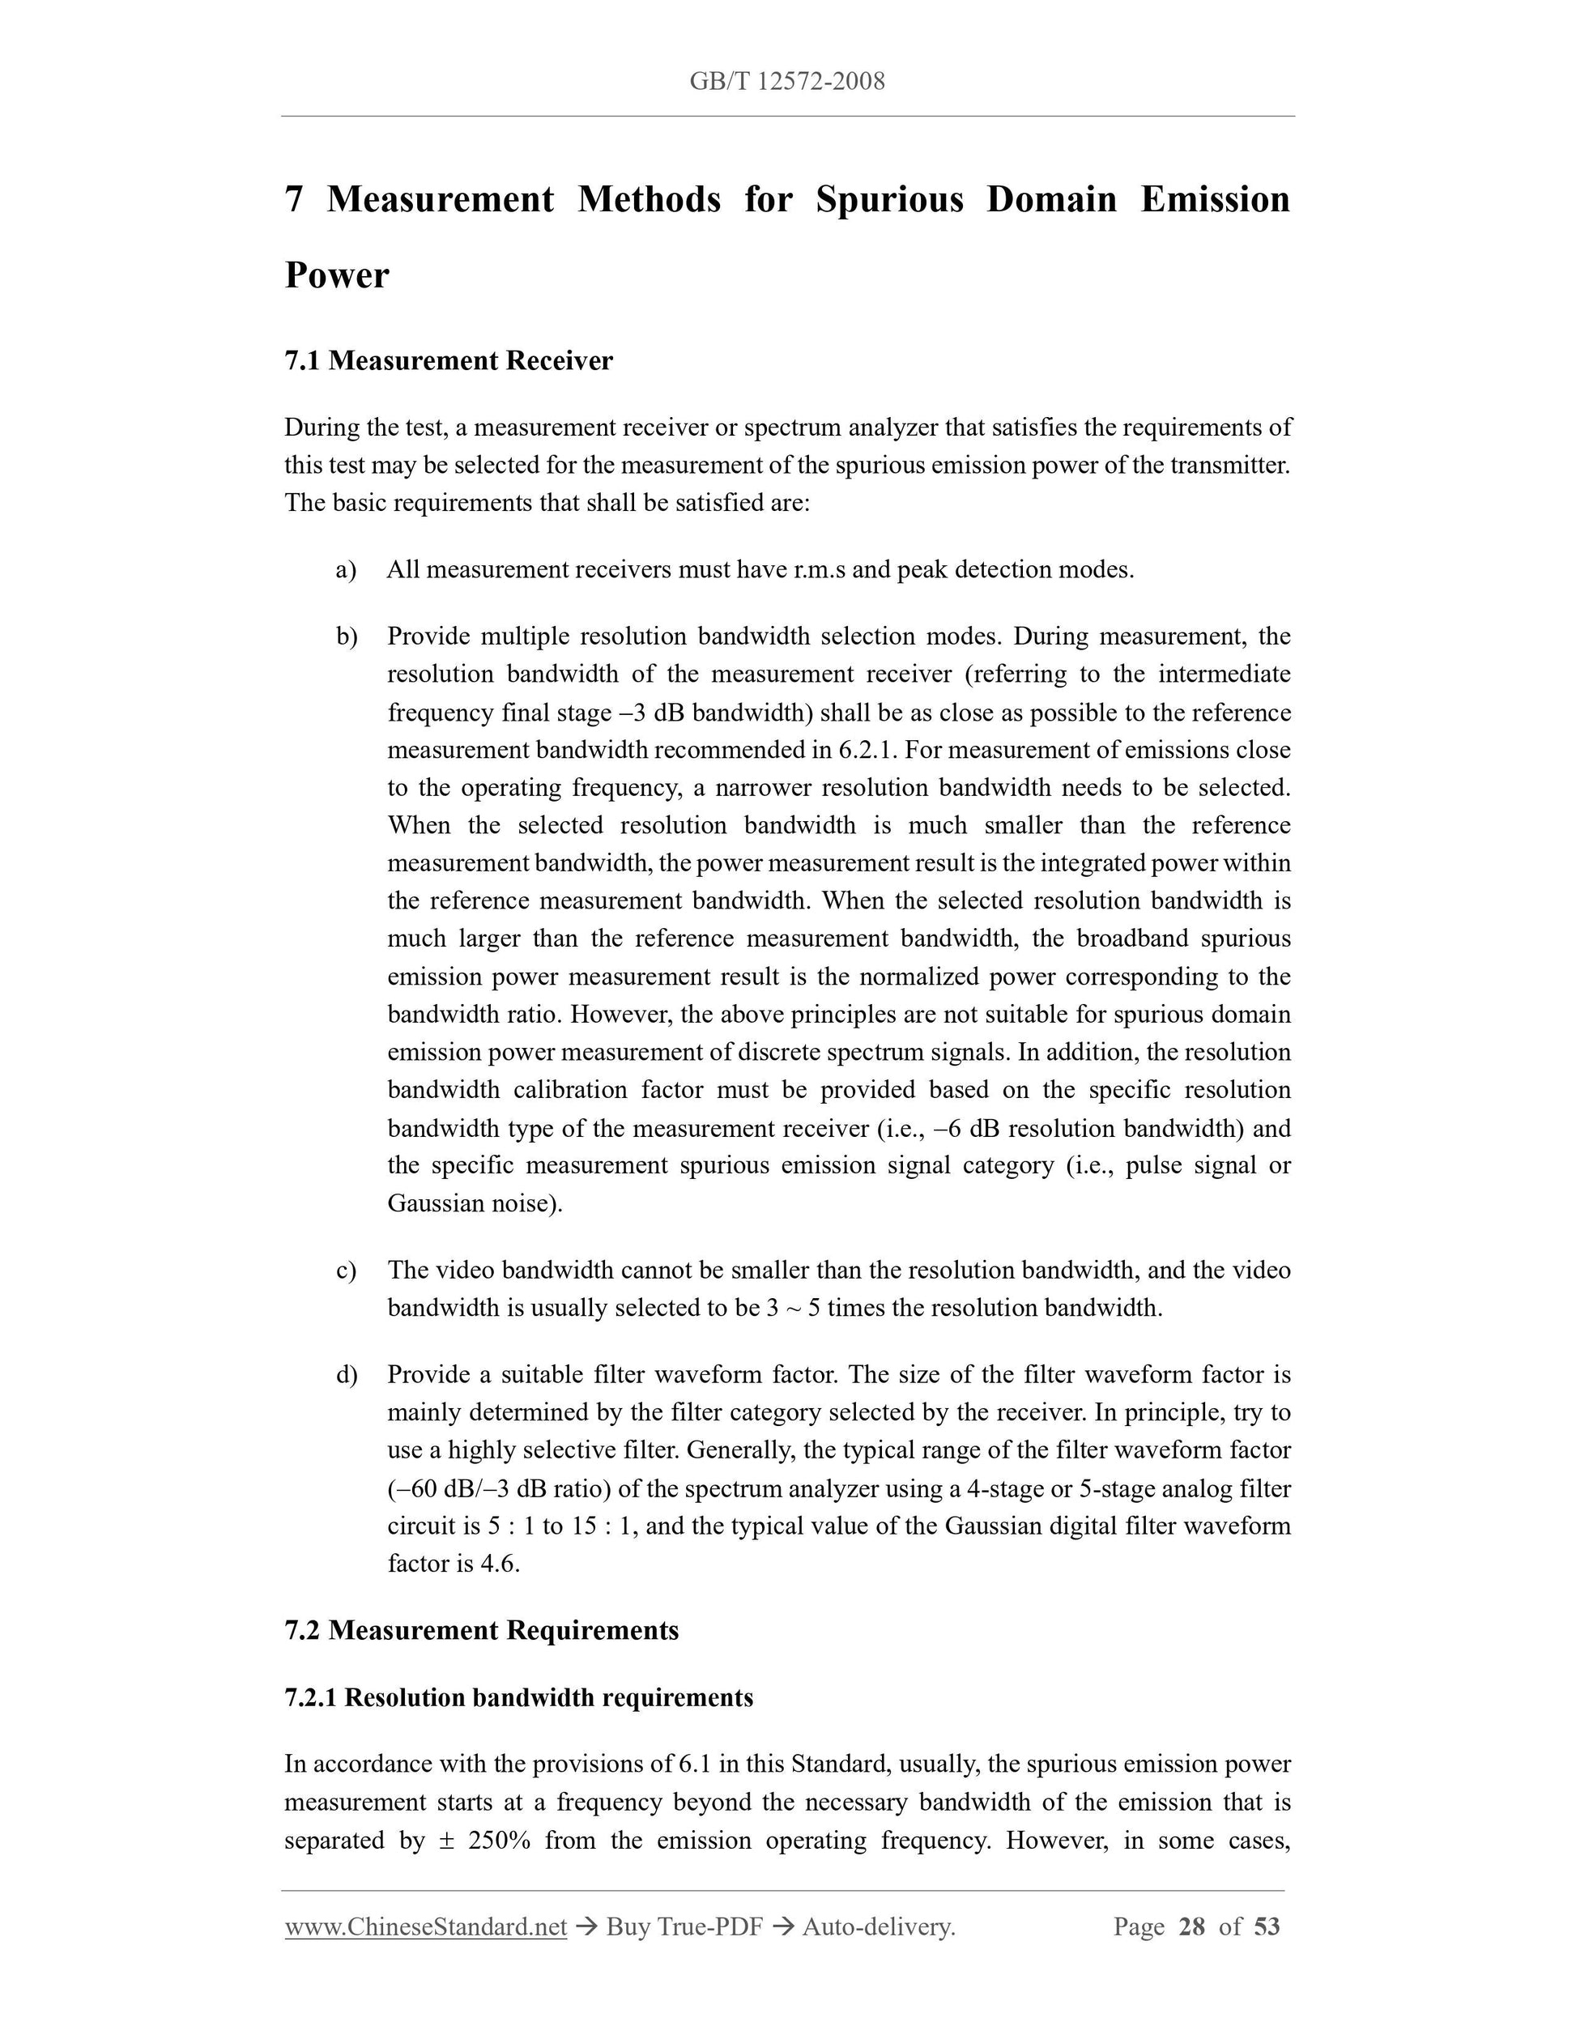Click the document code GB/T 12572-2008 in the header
(787, 82)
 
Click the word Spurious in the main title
(889, 200)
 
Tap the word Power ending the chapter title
(336, 275)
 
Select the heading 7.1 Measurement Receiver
(448, 361)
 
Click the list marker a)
(346, 569)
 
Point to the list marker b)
(347, 636)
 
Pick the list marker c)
(346, 1271)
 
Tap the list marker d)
(347, 1375)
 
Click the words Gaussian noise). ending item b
(475, 1203)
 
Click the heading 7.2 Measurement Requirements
(481, 1631)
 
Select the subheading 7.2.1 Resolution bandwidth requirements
(518, 1697)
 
